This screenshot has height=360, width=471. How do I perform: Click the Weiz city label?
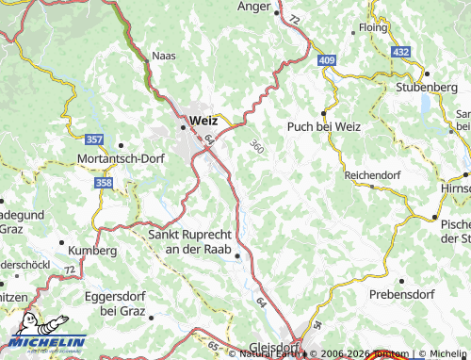[x=203, y=121]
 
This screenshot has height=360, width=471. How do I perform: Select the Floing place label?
[x=373, y=28]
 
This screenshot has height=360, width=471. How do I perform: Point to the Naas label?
[x=164, y=57]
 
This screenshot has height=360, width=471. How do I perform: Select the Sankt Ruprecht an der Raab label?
[x=197, y=241]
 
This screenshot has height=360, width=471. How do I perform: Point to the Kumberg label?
[x=91, y=252]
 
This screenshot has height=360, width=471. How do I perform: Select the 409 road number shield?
[x=326, y=61]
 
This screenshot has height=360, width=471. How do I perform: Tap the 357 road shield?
[x=81, y=139]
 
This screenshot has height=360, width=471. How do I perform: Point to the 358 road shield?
[x=104, y=184]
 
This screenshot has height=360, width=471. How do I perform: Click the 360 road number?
[x=256, y=146]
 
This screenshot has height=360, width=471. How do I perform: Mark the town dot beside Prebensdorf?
[x=402, y=281]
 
